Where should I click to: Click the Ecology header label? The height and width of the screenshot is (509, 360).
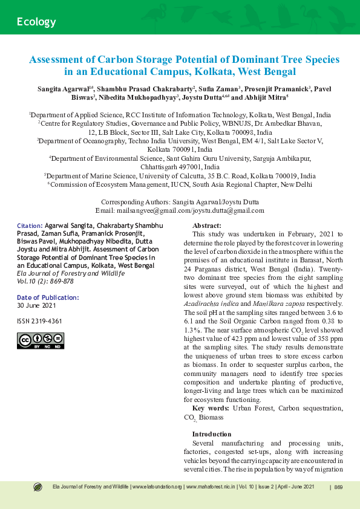(x=36, y=22)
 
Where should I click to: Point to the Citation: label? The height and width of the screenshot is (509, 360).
(x=29, y=225)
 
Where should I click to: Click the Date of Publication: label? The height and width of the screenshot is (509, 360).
(x=48, y=297)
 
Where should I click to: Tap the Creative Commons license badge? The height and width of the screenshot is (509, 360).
(x=50, y=341)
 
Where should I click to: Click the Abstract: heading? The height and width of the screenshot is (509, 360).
(x=206, y=225)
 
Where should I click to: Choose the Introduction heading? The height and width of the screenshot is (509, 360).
(x=211, y=434)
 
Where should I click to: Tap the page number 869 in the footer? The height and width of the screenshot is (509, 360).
(x=338, y=487)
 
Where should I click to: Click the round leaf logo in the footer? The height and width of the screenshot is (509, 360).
(x=38, y=487)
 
